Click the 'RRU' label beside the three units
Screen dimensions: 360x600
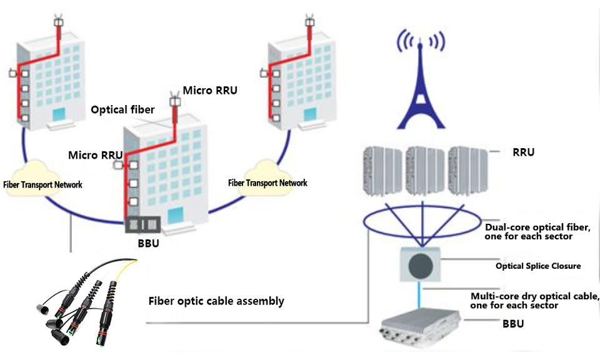pos(523,152)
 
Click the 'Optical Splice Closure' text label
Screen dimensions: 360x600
pos(538,266)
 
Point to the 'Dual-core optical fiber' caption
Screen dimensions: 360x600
pos(537,231)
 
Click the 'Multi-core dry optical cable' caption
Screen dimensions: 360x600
pos(534,300)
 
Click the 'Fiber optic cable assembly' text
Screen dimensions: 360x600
pos(216,301)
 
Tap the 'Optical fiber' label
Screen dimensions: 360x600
pos(122,110)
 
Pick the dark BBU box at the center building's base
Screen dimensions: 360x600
pos(143,225)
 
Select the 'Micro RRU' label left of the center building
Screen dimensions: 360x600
pos(91,155)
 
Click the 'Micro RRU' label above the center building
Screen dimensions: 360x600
pos(210,91)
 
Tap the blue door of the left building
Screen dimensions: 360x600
pos(59,115)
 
